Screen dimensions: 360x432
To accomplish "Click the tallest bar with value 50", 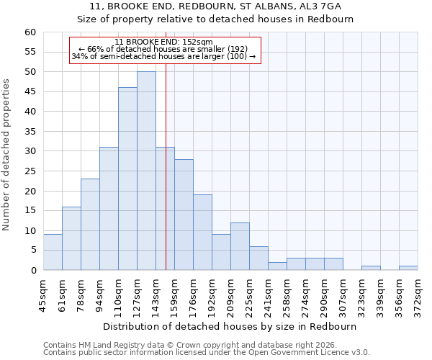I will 146,171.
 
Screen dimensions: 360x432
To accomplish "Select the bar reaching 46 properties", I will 127,179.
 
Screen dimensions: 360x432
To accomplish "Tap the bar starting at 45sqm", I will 53,252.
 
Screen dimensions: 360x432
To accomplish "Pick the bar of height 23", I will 90,224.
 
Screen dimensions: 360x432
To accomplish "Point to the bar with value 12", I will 240,246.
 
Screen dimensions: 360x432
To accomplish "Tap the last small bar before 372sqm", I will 408,268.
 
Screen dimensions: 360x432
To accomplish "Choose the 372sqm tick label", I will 418,293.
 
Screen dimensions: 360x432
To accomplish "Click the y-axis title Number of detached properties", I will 7,155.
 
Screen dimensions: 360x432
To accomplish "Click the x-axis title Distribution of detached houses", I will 230,326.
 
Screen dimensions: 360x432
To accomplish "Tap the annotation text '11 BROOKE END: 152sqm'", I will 164,42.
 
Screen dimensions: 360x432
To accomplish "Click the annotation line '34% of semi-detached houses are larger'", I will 164,56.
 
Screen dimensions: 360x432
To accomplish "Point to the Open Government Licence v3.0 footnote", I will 207,352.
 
